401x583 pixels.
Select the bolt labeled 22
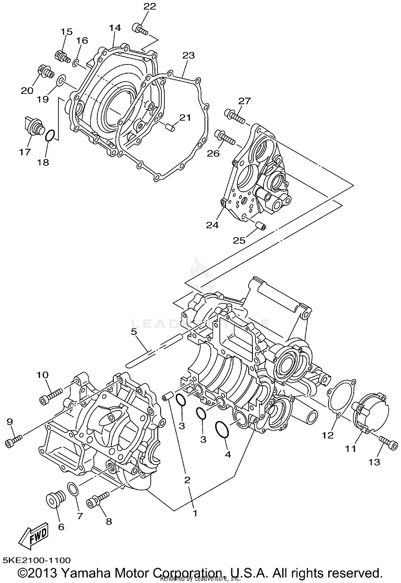[x=139, y=29]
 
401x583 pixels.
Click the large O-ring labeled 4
[x=222, y=430]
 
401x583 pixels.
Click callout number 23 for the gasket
[x=188, y=56]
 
